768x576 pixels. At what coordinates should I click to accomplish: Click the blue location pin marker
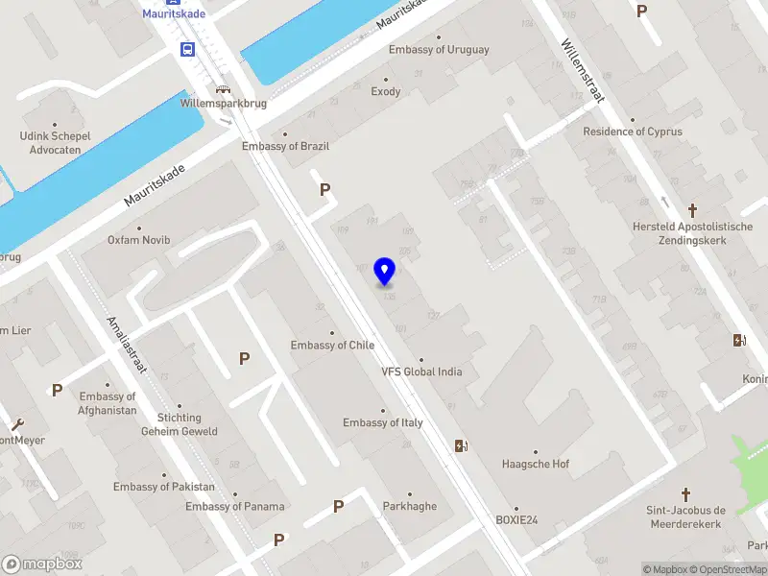[x=385, y=272]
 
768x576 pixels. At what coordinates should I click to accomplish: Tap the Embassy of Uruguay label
[x=439, y=50]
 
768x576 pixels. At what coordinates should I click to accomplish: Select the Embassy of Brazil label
[x=285, y=146]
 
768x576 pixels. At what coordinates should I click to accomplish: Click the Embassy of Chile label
[x=333, y=346]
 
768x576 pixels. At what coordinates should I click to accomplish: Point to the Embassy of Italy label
[x=383, y=423]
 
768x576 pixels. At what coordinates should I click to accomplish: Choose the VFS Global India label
[x=421, y=372]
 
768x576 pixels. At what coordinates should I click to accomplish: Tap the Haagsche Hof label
[x=536, y=465]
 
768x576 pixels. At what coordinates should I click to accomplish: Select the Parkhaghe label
[x=409, y=507]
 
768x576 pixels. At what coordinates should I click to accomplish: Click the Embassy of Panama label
[x=235, y=507]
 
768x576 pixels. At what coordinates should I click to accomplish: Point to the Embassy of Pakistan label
[x=164, y=487]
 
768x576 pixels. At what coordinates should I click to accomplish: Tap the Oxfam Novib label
[x=138, y=239]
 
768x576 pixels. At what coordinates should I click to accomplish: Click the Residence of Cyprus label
[x=633, y=132]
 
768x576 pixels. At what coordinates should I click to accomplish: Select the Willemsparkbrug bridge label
[x=223, y=102]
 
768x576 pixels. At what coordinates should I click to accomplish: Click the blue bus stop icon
[x=187, y=49]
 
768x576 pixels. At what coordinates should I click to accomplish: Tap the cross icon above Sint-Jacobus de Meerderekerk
[x=685, y=493]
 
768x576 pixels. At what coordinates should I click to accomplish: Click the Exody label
[x=386, y=92]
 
